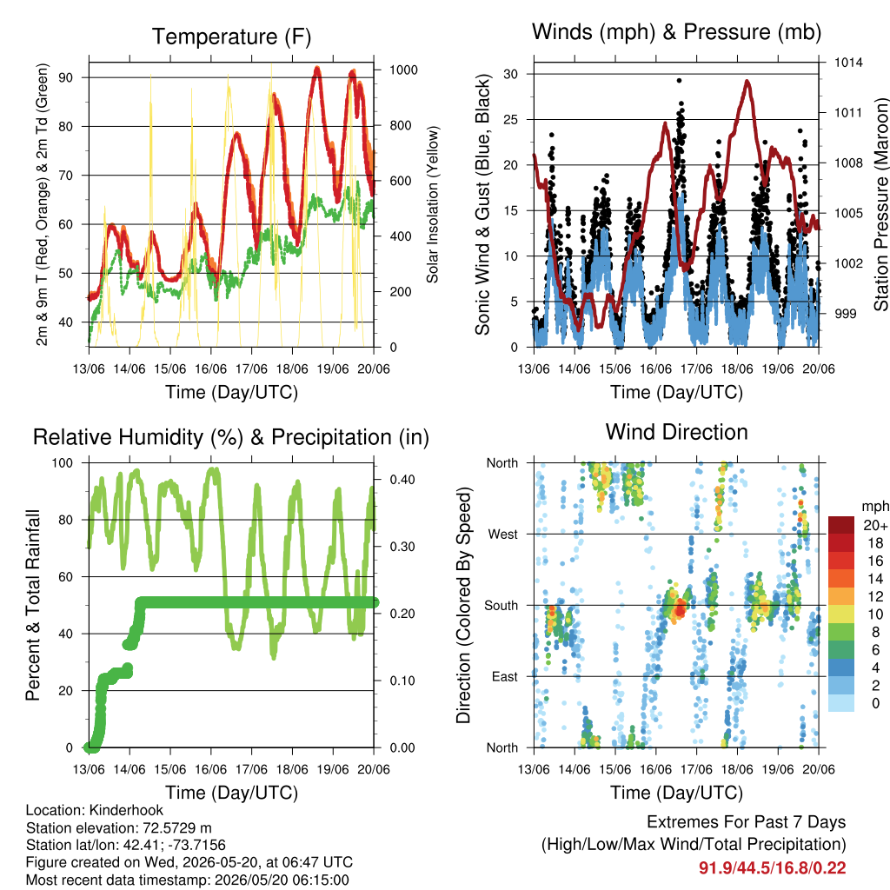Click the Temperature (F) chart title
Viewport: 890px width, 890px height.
click(x=231, y=37)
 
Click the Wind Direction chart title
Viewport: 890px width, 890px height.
click(x=676, y=432)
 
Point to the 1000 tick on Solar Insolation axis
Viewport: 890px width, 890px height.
click(x=403, y=70)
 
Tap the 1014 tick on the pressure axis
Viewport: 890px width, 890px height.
click(x=848, y=63)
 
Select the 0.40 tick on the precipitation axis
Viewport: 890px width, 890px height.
click(x=402, y=480)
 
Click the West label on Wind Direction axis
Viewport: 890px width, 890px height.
click(x=503, y=535)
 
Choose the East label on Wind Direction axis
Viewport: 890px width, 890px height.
click(x=505, y=676)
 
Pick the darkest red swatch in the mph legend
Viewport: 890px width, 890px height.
click(x=841, y=525)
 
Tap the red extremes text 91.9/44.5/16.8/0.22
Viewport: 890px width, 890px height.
click(x=773, y=868)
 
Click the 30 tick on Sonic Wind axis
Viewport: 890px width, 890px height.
click(x=510, y=74)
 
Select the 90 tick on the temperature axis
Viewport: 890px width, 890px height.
click(x=66, y=77)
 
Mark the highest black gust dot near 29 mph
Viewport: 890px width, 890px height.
click(x=679, y=81)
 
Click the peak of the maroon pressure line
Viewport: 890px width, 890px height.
click(x=747, y=82)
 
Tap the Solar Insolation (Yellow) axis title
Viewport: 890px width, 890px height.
click(x=433, y=204)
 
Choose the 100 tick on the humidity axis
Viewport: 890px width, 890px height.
click(x=63, y=463)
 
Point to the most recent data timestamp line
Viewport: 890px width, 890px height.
click(x=188, y=880)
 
